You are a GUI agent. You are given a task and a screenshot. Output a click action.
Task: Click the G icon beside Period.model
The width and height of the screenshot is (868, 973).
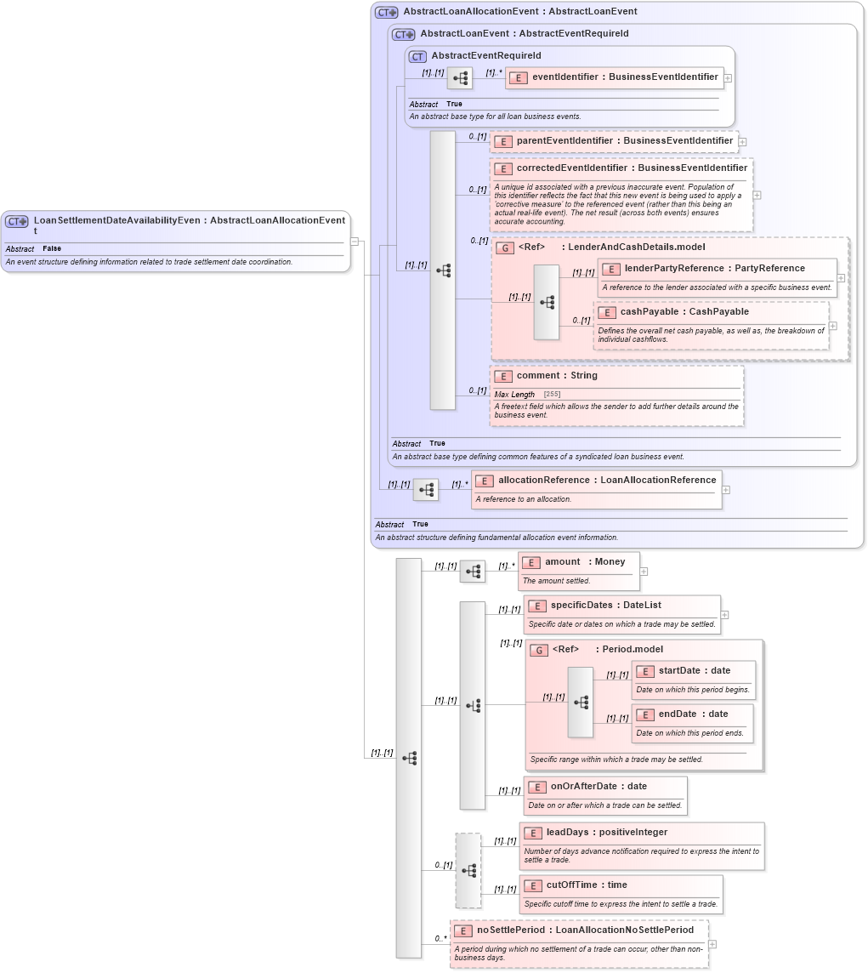(538, 651)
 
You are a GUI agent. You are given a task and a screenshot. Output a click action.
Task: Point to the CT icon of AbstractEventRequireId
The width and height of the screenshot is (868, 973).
(417, 56)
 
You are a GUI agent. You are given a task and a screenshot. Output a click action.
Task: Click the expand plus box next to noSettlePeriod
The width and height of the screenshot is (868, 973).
(712, 944)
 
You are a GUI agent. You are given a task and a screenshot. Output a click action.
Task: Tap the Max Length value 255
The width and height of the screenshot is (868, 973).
(552, 395)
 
